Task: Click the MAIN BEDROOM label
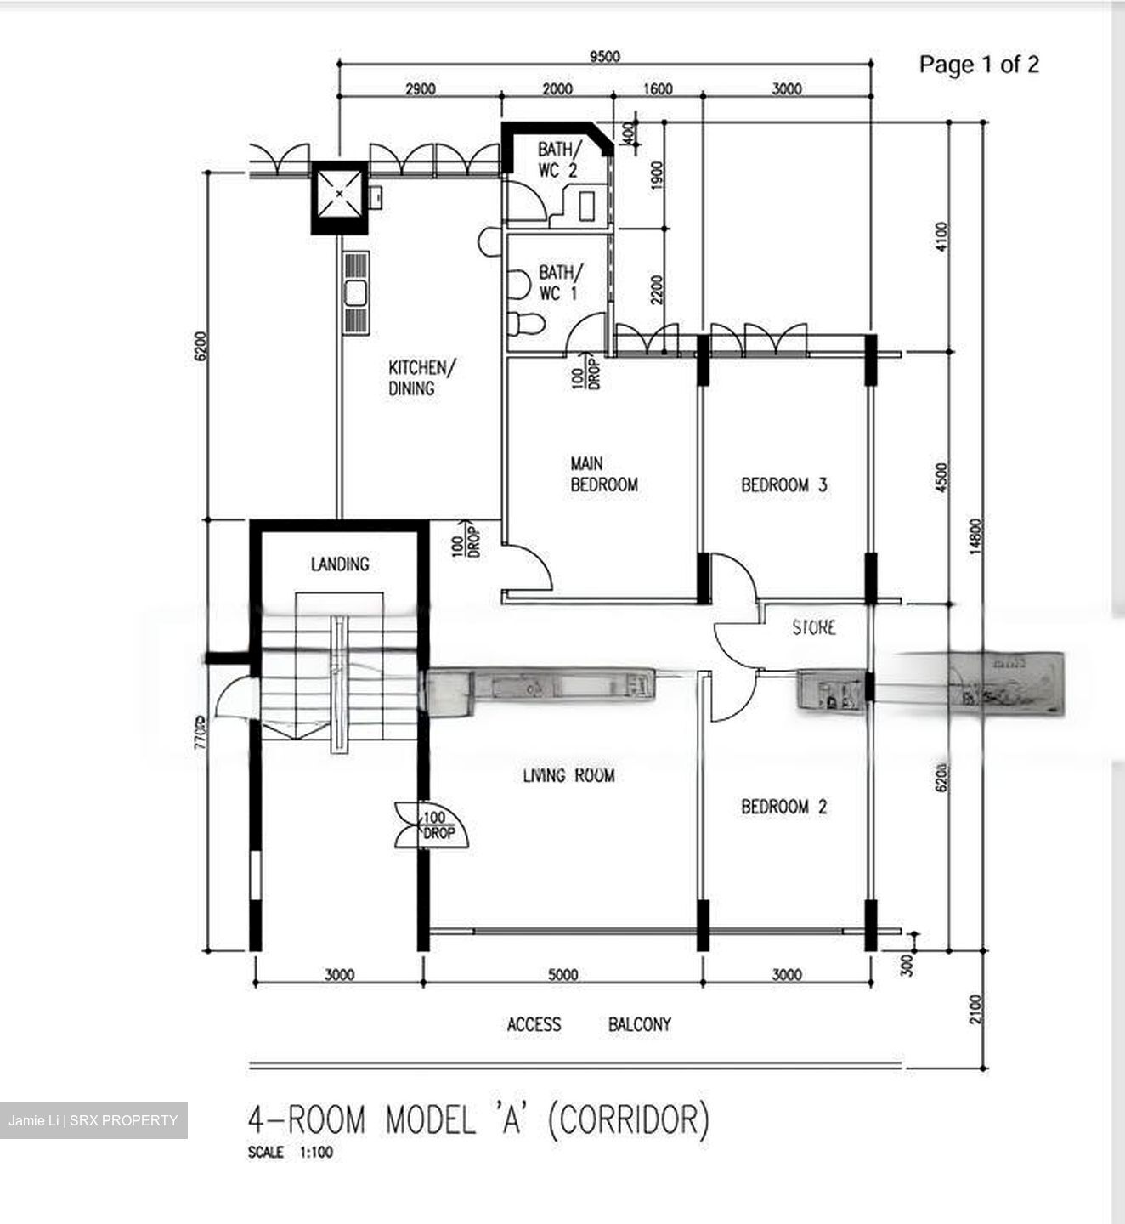(x=603, y=474)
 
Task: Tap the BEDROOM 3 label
(x=783, y=485)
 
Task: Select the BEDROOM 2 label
(x=783, y=807)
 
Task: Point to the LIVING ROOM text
(x=568, y=775)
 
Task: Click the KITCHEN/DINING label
(x=421, y=378)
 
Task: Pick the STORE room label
(x=814, y=627)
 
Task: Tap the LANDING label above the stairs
(x=340, y=564)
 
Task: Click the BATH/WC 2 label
(x=559, y=160)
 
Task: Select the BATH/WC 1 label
(x=560, y=283)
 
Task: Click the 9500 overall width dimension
(x=605, y=57)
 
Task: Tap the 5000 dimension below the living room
(x=562, y=975)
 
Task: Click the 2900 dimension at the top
(x=420, y=88)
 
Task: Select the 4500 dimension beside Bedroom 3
(x=941, y=479)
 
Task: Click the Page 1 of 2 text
(x=979, y=65)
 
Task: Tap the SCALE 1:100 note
(x=291, y=1153)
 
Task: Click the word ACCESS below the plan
(x=534, y=1024)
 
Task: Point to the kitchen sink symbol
(x=356, y=292)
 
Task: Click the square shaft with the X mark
(x=339, y=195)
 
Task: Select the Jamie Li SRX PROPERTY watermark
(x=93, y=1120)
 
